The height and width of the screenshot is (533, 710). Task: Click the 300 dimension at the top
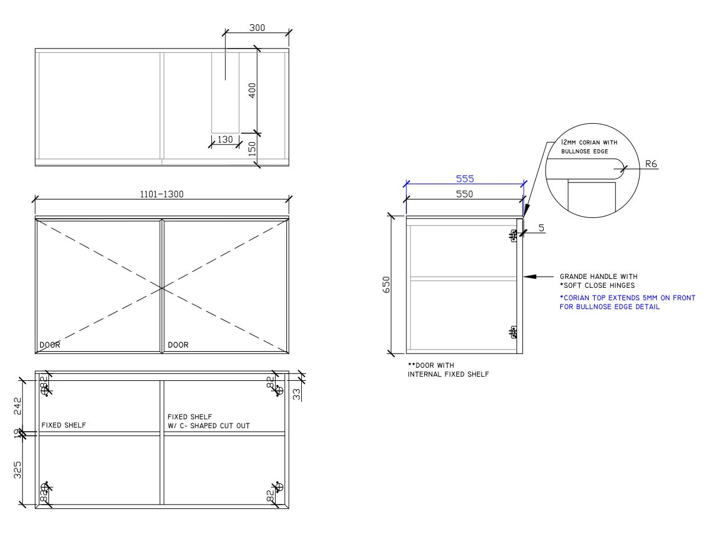257,27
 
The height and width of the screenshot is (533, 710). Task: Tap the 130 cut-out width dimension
225,140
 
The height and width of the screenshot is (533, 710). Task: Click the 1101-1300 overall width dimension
162,194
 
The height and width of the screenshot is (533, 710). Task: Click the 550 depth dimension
464,194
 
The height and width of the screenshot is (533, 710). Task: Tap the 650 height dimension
386,285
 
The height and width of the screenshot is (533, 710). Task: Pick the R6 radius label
651,163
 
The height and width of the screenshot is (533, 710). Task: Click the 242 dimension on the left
18,406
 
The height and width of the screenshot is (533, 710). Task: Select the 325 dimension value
18,470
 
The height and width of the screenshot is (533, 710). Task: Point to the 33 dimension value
296,393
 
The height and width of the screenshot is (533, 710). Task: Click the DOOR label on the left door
50,345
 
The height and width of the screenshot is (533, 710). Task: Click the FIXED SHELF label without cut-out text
63,425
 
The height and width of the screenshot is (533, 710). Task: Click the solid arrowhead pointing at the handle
530,277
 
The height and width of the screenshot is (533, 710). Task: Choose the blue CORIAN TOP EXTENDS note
627,303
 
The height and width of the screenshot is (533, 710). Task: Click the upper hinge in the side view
514,236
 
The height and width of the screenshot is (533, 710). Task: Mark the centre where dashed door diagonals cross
162,288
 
